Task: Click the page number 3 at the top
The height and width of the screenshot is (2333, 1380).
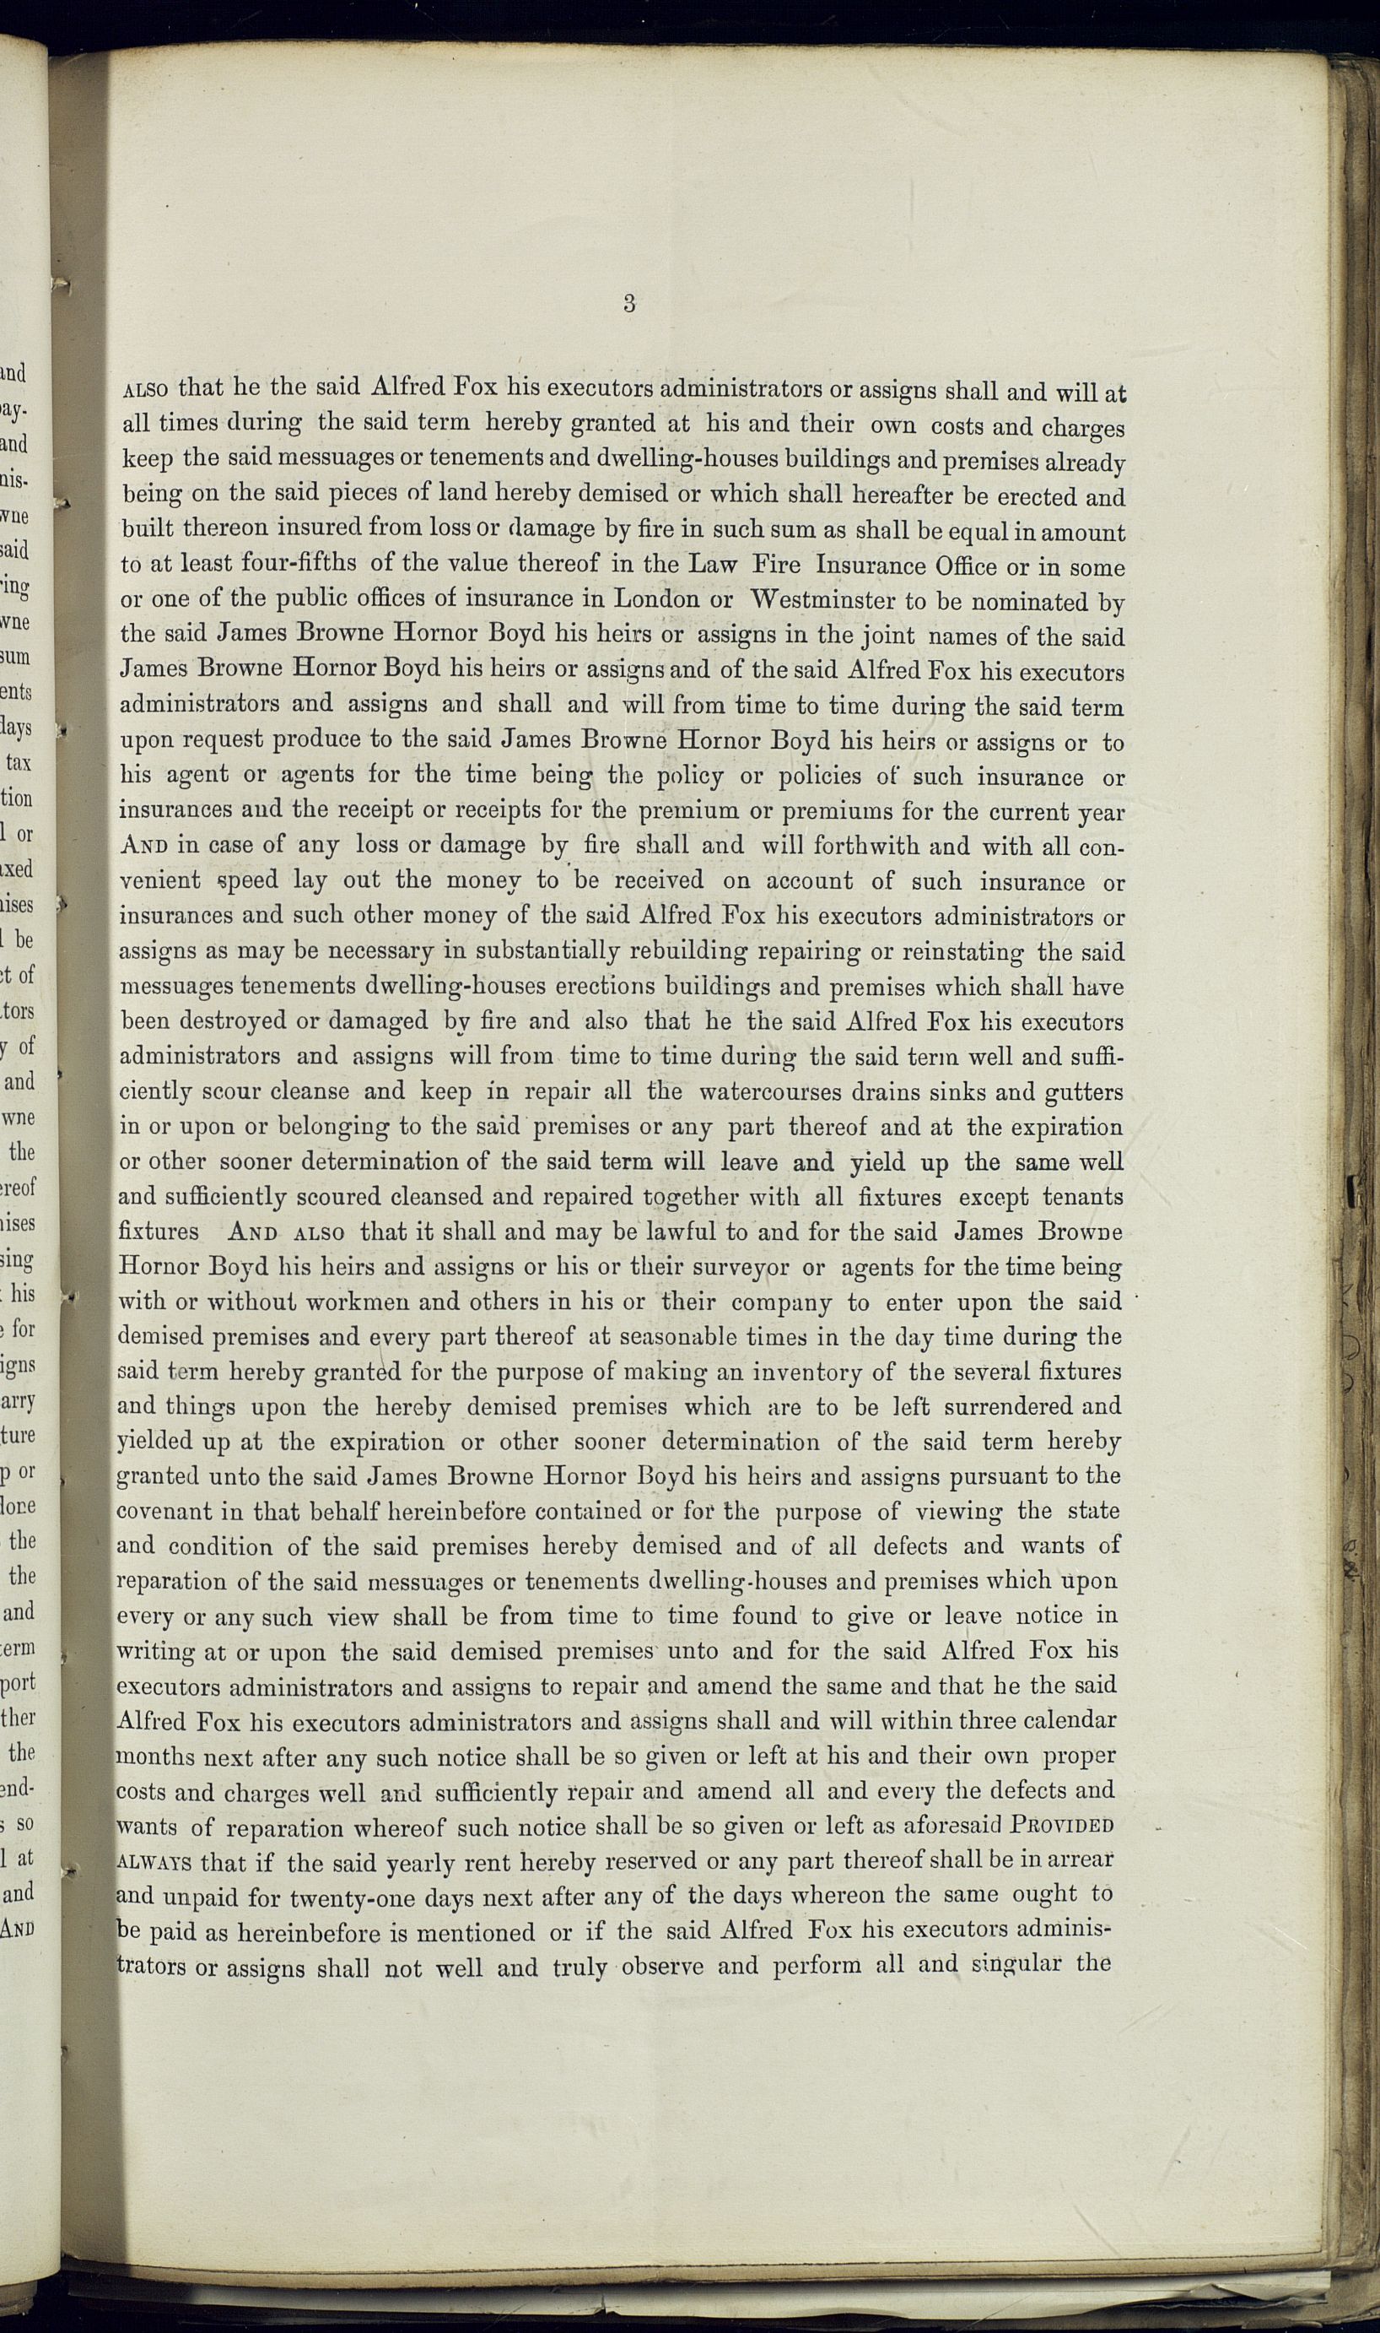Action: click(x=629, y=303)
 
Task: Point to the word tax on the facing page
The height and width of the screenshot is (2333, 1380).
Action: click(x=19, y=763)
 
